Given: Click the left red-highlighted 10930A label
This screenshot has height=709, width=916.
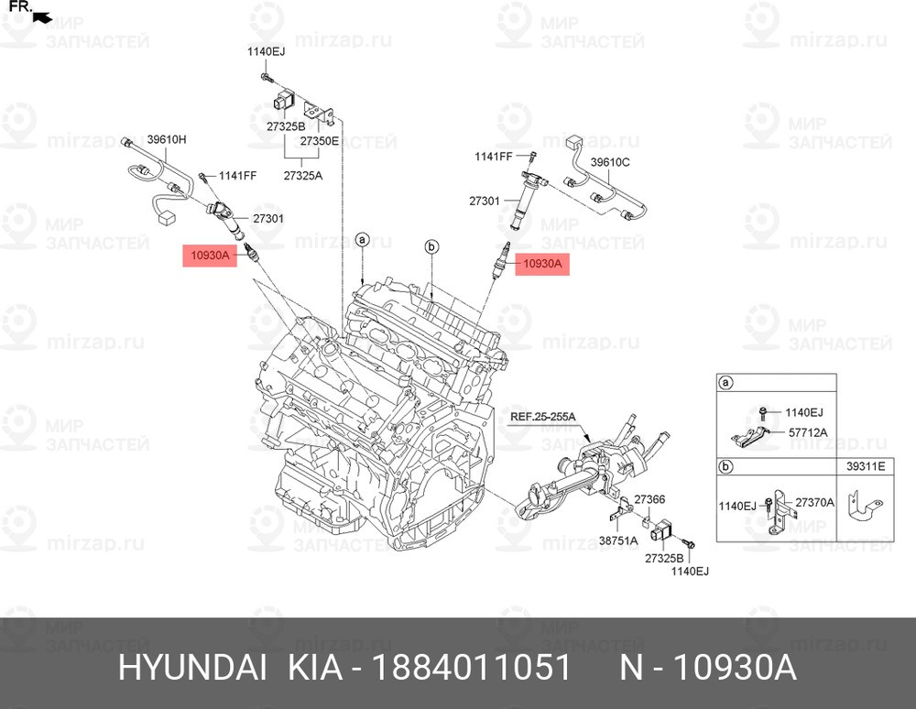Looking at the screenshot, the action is [210, 256].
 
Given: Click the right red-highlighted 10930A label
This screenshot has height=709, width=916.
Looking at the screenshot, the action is [541, 264].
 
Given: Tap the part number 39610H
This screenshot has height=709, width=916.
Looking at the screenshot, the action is [167, 139].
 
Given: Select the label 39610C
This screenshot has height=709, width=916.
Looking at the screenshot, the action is [610, 162].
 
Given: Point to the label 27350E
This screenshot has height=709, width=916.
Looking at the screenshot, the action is [319, 141].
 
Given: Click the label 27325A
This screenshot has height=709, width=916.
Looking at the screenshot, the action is [302, 175].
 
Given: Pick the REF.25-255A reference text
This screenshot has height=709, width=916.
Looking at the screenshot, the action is [542, 417].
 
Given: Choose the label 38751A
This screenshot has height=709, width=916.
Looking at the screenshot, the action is [618, 540].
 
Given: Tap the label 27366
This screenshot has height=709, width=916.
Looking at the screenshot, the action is [649, 499].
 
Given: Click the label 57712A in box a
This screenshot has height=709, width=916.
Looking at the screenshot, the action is [808, 432].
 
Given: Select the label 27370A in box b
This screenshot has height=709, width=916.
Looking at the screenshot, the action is [815, 502].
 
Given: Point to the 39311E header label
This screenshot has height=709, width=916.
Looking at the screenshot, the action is [866, 466].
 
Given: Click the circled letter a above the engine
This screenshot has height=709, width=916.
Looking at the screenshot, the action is [362, 239].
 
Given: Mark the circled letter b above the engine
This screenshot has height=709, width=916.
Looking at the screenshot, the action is [431, 247].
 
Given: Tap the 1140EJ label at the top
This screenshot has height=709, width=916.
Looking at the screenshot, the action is [266, 51].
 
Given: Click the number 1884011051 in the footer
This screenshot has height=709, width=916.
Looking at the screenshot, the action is [471, 667].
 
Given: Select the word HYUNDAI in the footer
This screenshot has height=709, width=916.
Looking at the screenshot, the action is [192, 667].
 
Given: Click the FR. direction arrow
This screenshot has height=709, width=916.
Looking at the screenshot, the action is [42, 18].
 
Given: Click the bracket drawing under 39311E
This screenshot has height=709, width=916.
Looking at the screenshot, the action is [863, 506].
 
